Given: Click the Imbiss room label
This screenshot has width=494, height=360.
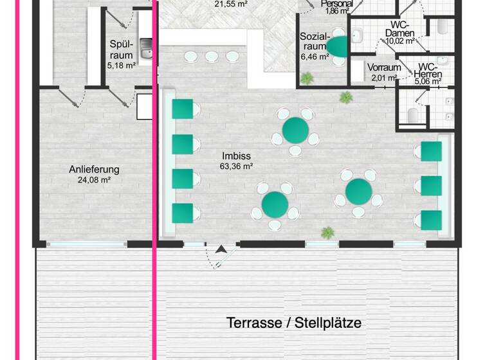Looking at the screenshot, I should (236, 156).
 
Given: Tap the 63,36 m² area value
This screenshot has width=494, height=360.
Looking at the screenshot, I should (236, 166).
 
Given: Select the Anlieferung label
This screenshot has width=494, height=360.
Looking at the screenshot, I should (95, 170).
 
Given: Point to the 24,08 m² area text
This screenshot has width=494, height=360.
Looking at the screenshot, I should (95, 180).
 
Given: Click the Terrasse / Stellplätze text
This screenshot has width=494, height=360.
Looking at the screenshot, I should (294, 323).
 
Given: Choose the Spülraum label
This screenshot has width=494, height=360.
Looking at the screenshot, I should (121, 50).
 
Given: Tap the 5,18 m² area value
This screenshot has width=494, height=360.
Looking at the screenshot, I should (122, 65).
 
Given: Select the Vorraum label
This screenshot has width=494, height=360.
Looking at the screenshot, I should (385, 67).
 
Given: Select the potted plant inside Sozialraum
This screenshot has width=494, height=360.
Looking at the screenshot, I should (307, 78).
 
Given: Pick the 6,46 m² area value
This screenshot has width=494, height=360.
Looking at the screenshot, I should (313, 57).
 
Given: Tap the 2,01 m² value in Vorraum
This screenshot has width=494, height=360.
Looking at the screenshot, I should (383, 78).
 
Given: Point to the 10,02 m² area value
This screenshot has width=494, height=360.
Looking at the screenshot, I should (399, 40).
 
